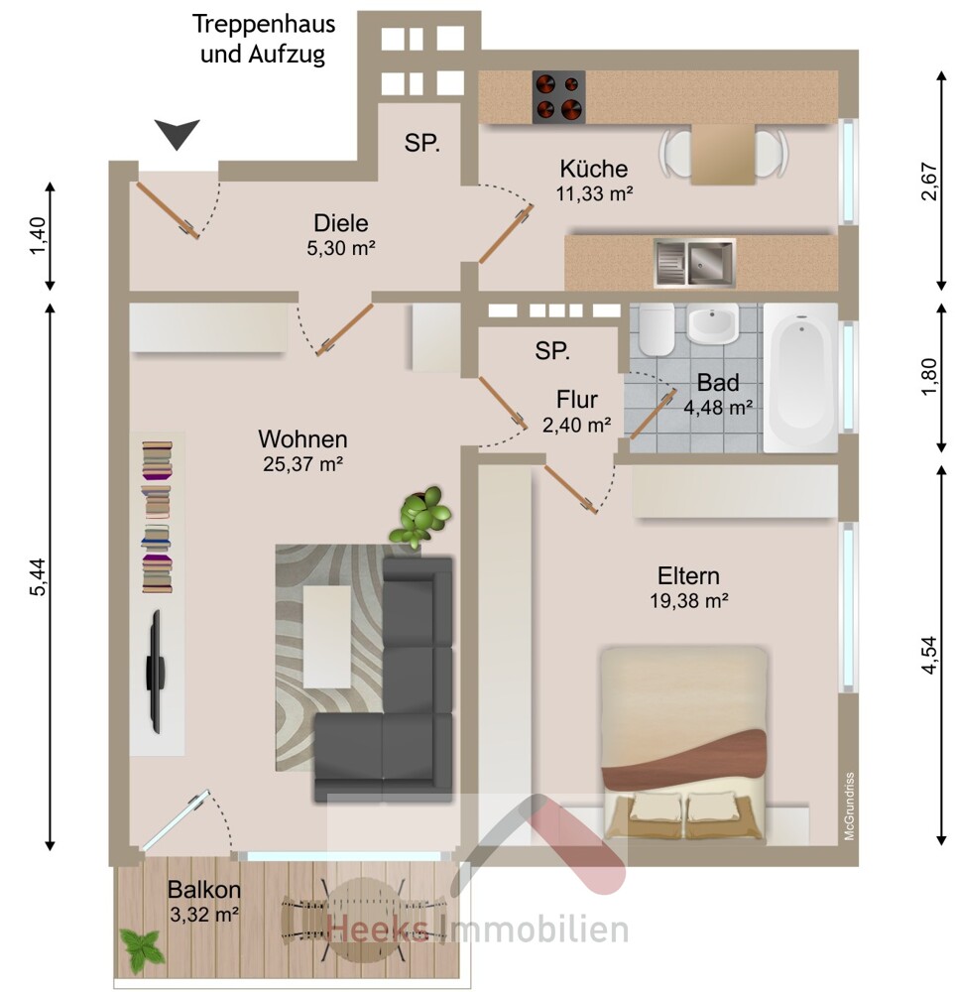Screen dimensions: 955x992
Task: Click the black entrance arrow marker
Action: pyautogui.click(x=178, y=134)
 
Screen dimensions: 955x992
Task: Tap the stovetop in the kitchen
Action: pyautogui.click(x=558, y=97)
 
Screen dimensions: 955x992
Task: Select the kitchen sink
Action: pyautogui.click(x=694, y=262)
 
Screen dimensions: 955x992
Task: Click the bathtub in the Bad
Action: pyautogui.click(x=800, y=378)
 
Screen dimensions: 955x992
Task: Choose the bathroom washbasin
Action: pyautogui.click(x=713, y=323)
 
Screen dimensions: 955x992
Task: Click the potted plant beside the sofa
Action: pyautogui.click(x=419, y=516)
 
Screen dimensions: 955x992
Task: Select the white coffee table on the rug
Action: pyautogui.click(x=327, y=637)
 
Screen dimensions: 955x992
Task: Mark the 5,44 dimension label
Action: pyautogui.click(x=38, y=576)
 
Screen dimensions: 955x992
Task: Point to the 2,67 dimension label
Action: pyautogui.click(x=928, y=182)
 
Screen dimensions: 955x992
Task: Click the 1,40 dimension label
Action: pyautogui.click(x=38, y=235)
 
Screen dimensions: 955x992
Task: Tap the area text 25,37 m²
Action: pyautogui.click(x=302, y=464)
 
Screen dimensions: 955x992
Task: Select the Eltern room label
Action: pyautogui.click(x=688, y=576)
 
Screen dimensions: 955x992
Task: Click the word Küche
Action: pyautogui.click(x=594, y=169)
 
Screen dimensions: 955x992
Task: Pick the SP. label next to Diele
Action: pyautogui.click(x=421, y=143)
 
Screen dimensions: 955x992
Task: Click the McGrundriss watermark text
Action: pyautogui.click(x=849, y=806)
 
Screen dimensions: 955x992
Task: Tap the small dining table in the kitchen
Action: pyautogui.click(x=723, y=155)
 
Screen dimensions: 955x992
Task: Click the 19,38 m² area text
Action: pyautogui.click(x=689, y=600)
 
